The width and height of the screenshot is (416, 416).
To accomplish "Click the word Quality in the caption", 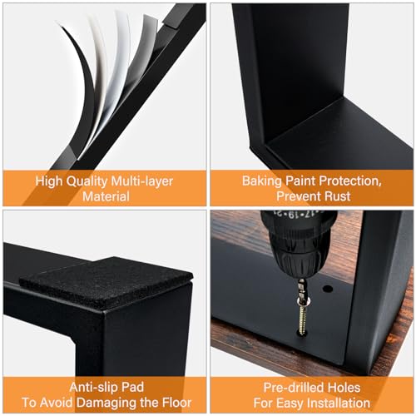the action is click(x=87, y=181).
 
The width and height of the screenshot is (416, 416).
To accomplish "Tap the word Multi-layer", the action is click(x=141, y=181).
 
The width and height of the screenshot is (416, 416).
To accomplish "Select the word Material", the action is click(x=106, y=196).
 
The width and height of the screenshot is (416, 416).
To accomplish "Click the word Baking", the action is click(x=262, y=181).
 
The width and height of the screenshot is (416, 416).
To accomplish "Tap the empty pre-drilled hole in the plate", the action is click(x=328, y=289).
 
